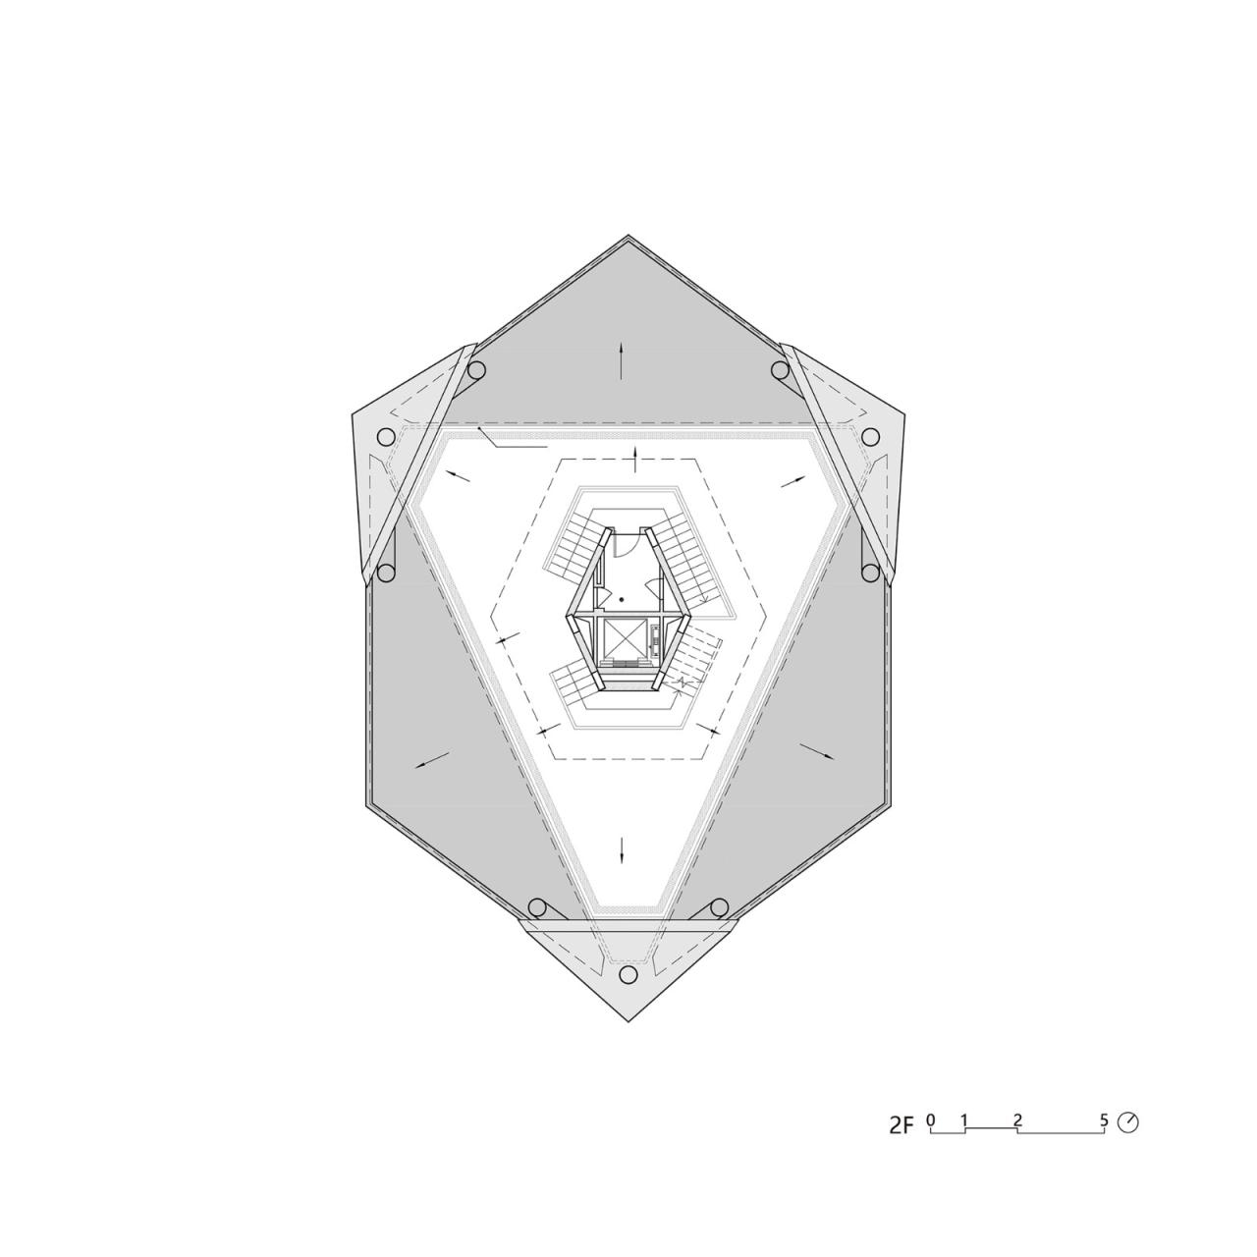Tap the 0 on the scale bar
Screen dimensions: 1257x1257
pyautogui.click(x=930, y=1120)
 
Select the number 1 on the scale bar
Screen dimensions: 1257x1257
pyautogui.click(x=965, y=1120)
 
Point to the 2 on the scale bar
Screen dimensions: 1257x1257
pyautogui.click(x=1017, y=1120)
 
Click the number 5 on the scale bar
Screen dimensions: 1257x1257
pyautogui.click(x=1104, y=1120)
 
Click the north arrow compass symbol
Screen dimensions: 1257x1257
pyautogui.click(x=1128, y=1121)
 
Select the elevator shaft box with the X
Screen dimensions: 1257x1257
pyautogui.click(x=623, y=638)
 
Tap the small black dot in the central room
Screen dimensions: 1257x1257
pyautogui.click(x=622, y=599)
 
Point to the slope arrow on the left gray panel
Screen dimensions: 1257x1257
pyautogui.click(x=432, y=759)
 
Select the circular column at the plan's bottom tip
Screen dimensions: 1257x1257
pyautogui.click(x=628, y=974)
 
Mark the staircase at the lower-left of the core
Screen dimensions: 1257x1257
pyautogui.click(x=574, y=681)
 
